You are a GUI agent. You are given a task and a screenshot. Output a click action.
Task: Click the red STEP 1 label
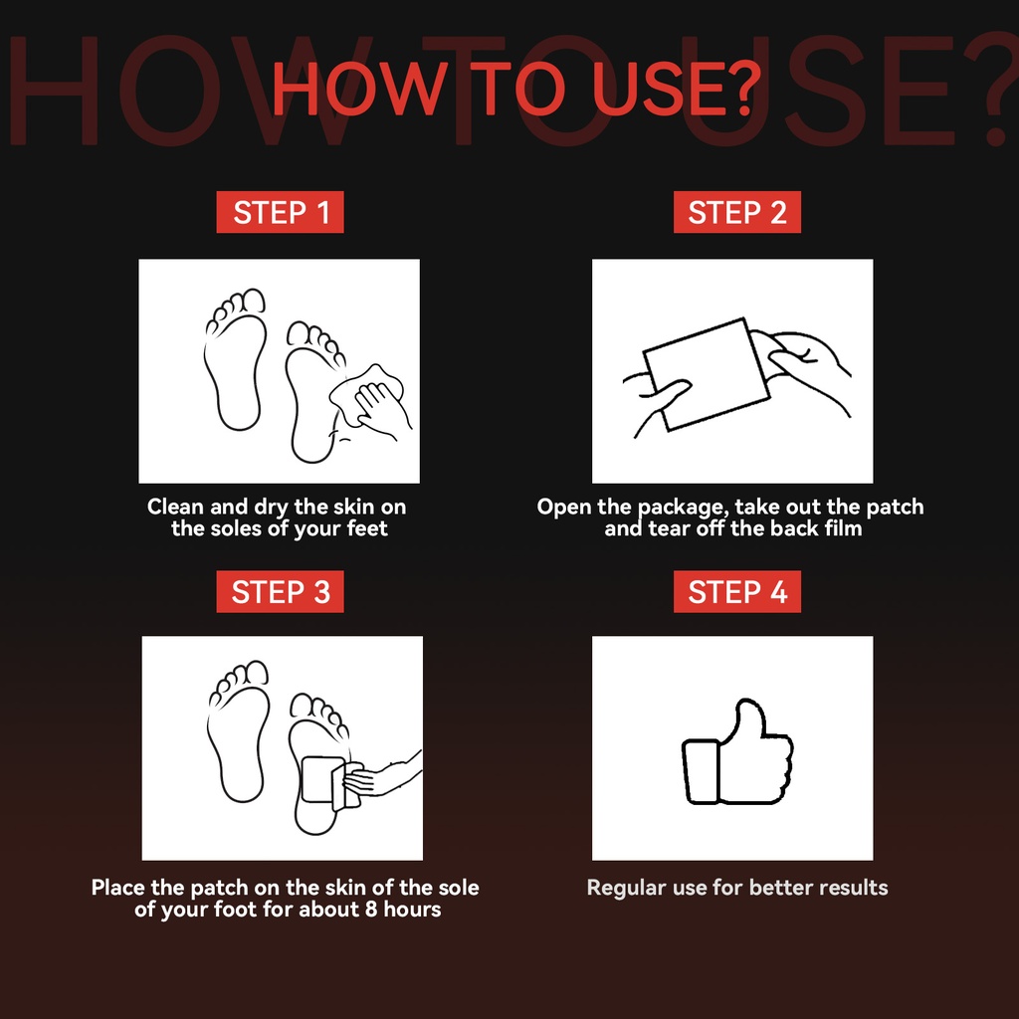tap(280, 212)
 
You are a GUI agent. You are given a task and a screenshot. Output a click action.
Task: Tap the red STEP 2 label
tap(737, 212)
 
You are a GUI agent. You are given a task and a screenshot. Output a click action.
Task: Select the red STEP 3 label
tap(280, 591)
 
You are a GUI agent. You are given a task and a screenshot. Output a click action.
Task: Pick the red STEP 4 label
tap(737, 591)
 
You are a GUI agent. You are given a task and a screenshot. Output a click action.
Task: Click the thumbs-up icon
tap(737, 752)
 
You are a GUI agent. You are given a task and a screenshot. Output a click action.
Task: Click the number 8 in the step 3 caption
tap(371, 909)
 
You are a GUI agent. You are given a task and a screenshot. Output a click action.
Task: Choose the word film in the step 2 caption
tap(844, 527)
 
